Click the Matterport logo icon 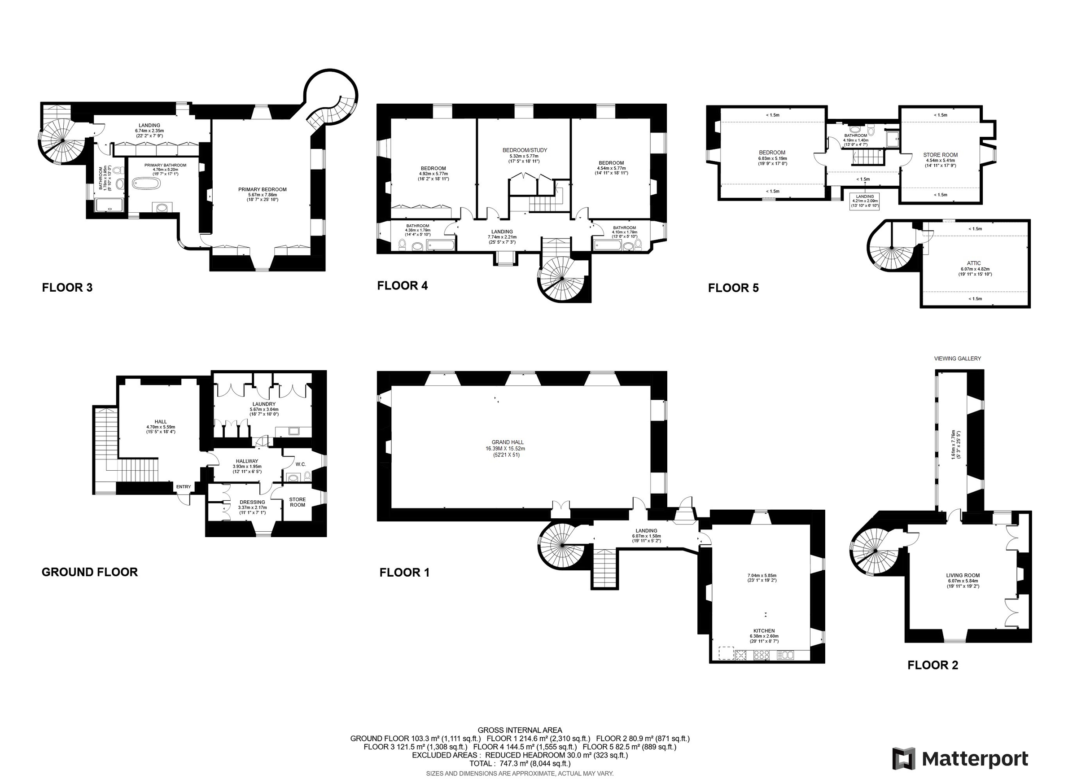pyautogui.click(x=903, y=759)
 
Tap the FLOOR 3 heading pyautogui.click(x=67, y=287)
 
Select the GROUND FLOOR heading pyautogui.click(x=89, y=572)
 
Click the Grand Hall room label pyautogui.click(x=508, y=442)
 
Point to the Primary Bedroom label pyautogui.click(x=262, y=189)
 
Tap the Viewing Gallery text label pyautogui.click(x=957, y=359)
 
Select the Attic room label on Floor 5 pyautogui.click(x=973, y=263)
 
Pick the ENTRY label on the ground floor pyautogui.click(x=183, y=487)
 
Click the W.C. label pyautogui.click(x=301, y=464)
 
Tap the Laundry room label pyautogui.click(x=264, y=404)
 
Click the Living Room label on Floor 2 pyautogui.click(x=963, y=576)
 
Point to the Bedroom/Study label pyautogui.click(x=525, y=150)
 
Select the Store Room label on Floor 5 pyautogui.click(x=940, y=155)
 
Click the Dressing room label pyautogui.click(x=252, y=503)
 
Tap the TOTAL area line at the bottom pyautogui.click(x=520, y=764)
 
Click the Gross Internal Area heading pyautogui.click(x=520, y=731)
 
